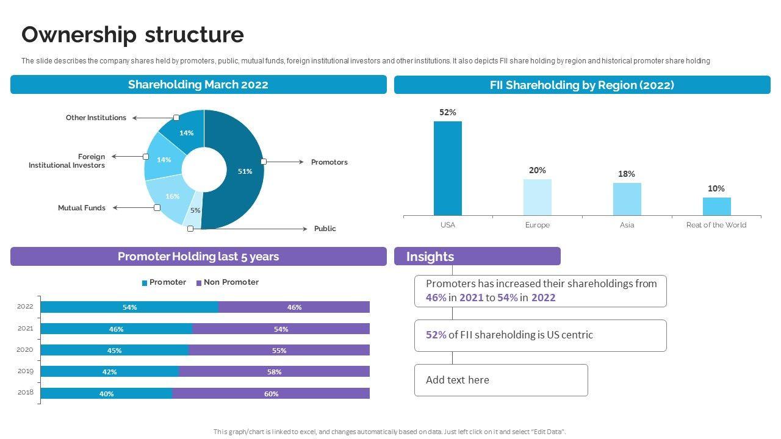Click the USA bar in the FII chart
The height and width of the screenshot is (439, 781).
point(447,168)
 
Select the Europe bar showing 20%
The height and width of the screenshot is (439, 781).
point(537,197)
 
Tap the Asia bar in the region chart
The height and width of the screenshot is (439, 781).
point(627,199)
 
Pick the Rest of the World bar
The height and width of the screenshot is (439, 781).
point(716,206)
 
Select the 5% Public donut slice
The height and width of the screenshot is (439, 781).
point(193,215)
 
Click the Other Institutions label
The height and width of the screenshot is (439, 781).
point(96,118)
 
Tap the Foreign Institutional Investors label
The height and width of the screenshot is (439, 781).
point(67,161)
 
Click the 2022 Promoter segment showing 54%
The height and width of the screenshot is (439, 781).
point(129,307)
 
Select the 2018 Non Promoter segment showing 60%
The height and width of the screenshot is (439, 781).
point(271,394)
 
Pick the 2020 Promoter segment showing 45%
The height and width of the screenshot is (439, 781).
point(114,351)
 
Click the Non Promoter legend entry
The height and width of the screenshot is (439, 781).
point(227,282)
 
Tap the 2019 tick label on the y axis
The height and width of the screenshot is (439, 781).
point(25,371)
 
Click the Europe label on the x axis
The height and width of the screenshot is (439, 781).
point(537,225)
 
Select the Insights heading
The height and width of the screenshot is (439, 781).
point(430,257)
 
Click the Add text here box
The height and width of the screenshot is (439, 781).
point(500,380)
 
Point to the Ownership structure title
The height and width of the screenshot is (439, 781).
point(132,35)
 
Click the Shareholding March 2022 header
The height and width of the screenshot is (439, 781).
point(198,85)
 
